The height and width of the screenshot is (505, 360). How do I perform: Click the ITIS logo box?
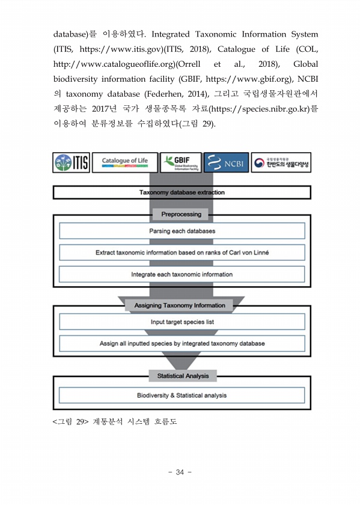71,162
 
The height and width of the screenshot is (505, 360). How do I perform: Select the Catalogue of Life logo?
125,162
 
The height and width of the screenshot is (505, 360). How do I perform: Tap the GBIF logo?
181,162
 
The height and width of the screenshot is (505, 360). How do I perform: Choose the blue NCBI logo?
226,162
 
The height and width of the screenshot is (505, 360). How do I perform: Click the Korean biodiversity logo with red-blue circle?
281,162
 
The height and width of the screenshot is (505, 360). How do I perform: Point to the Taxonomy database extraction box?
182,192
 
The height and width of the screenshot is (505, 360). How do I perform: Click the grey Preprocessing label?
181,214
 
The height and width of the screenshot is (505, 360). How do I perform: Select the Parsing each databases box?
182,231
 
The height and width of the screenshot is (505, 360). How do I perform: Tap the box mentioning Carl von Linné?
182,252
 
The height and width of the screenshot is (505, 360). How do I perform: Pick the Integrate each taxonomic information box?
182,274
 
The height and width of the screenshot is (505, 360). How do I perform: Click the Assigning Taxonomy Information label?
180,305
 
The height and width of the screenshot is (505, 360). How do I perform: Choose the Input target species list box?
182,322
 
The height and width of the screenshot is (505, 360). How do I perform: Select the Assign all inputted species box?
182,343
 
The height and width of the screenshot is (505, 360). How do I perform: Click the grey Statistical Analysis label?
183,376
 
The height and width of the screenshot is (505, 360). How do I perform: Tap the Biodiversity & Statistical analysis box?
182,395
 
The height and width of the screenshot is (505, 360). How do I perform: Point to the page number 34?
180,472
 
